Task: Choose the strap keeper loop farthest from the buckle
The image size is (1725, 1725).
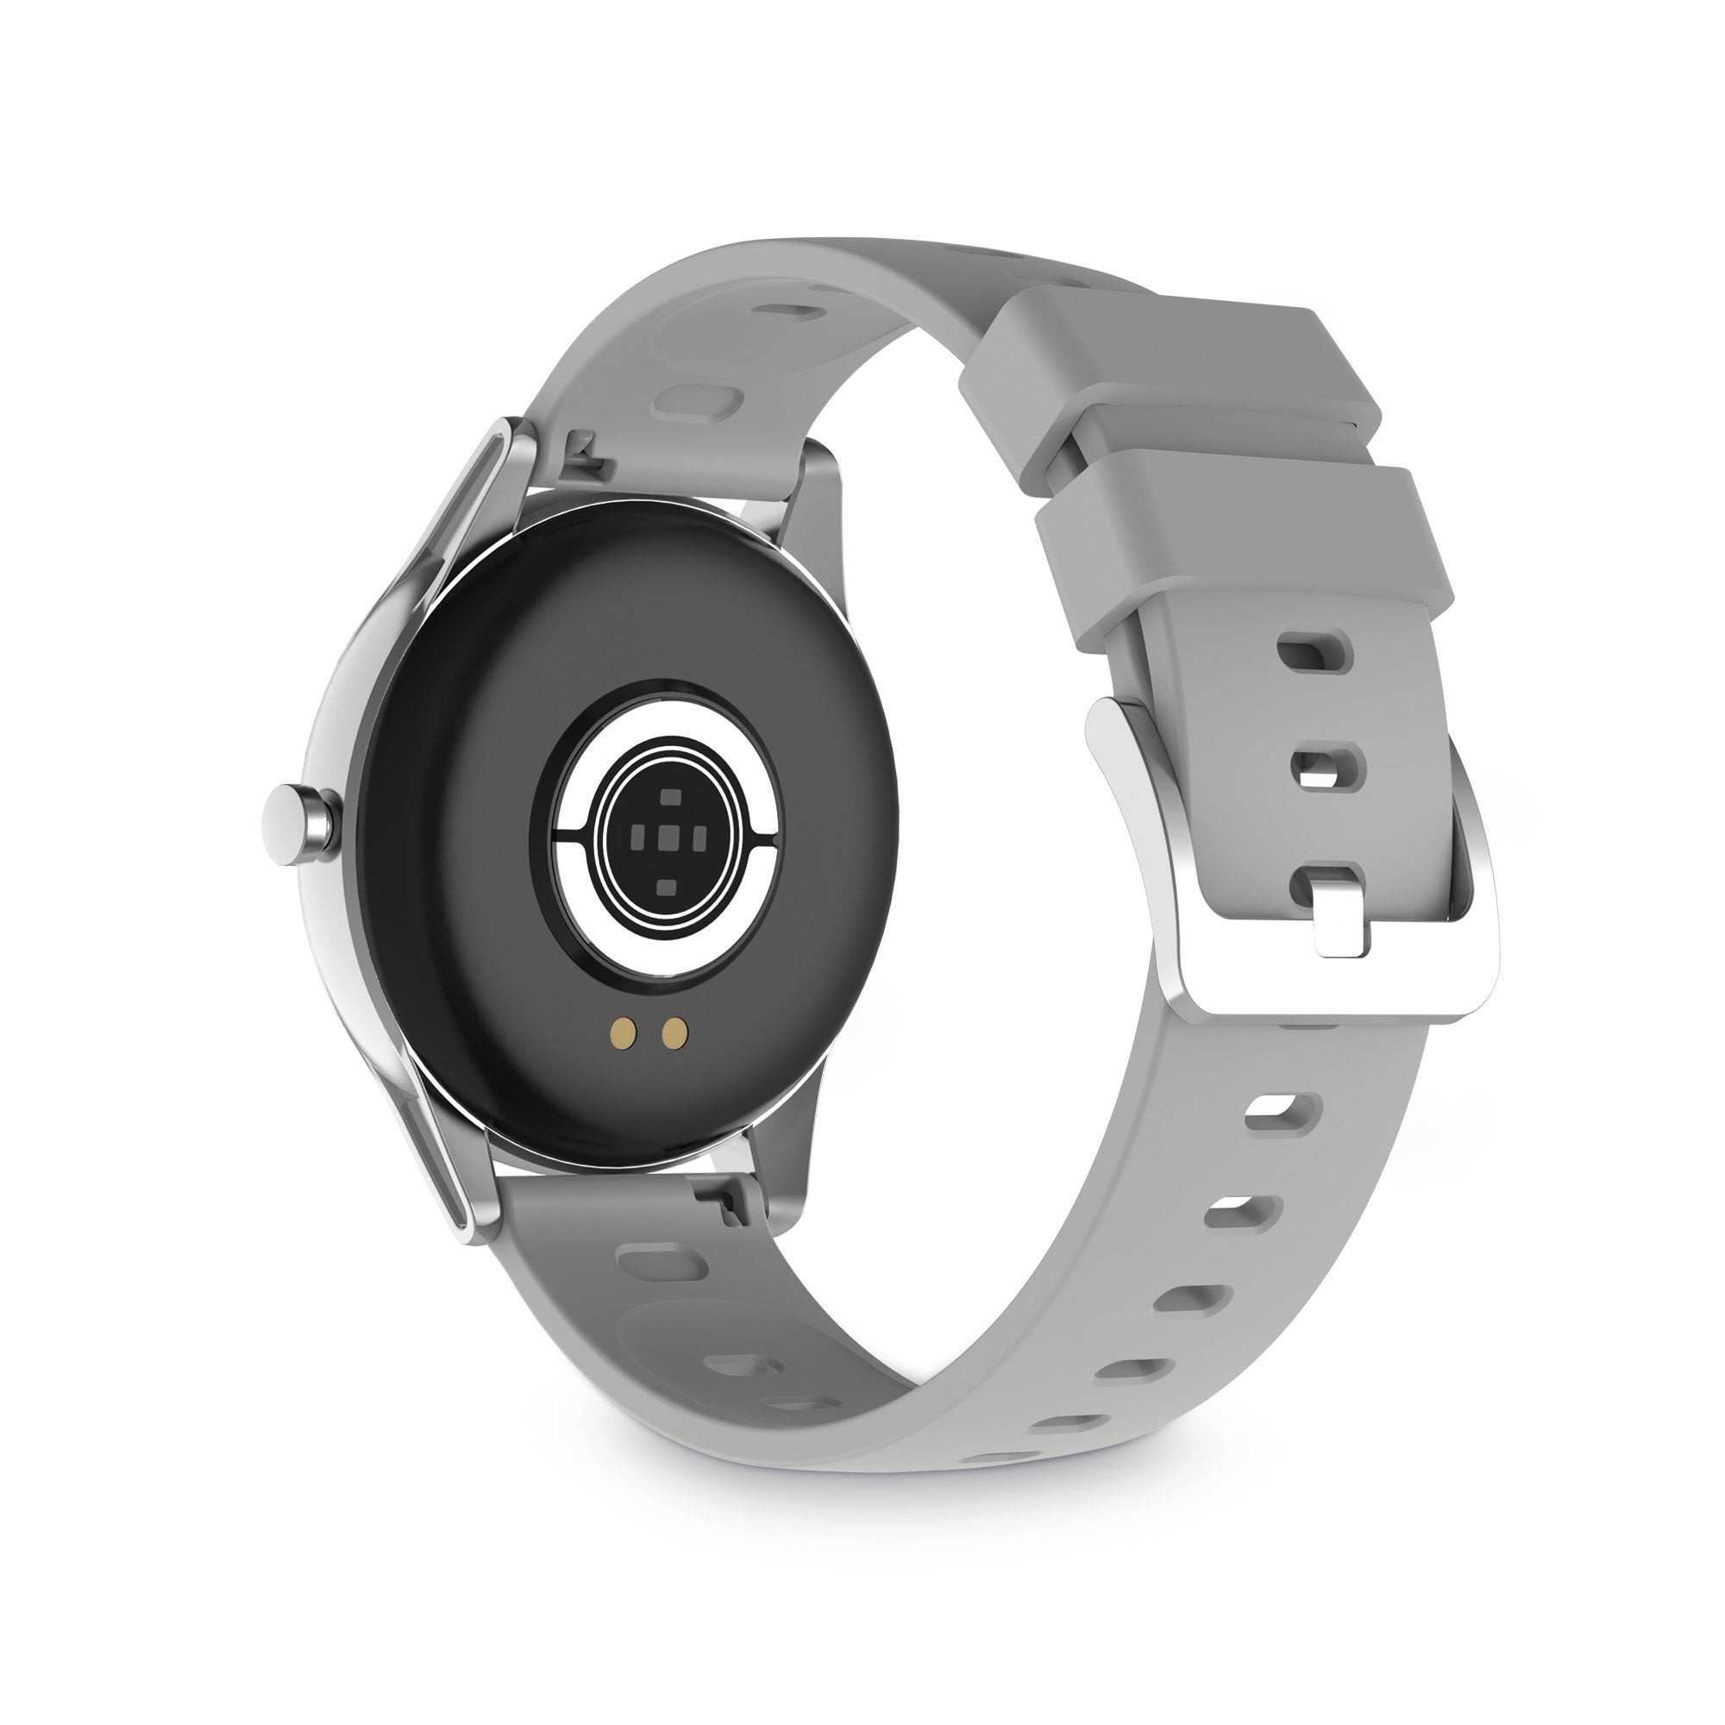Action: pos(1161,375)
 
